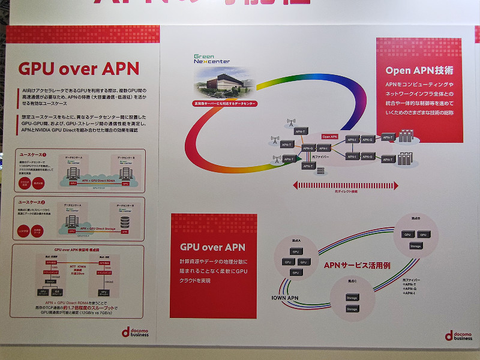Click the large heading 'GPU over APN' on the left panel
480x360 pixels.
click(x=79, y=68)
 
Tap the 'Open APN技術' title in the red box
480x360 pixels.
click(x=419, y=70)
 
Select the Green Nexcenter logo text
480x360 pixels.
click(x=211, y=58)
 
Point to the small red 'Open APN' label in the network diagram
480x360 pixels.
click(x=330, y=137)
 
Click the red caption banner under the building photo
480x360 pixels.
click(x=227, y=103)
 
